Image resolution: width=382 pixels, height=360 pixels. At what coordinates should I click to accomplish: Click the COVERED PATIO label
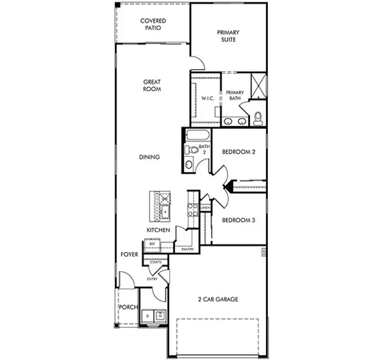pos(153,24)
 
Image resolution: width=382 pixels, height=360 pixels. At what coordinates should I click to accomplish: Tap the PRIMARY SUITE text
pos(228,36)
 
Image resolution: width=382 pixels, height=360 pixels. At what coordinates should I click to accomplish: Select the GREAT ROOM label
pos(152,85)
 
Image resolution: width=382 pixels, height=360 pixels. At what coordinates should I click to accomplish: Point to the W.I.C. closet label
pos(208,98)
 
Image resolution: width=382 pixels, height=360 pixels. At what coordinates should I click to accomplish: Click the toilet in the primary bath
pos(258,118)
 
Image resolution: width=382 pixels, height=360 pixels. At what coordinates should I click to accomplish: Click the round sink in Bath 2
pos(189,164)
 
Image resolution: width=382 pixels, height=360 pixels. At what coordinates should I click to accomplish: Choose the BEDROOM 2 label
pos(239,152)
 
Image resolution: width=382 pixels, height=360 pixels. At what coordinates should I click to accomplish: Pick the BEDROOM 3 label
pos(239,220)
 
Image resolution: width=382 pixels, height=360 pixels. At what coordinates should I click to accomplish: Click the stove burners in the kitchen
pos(193,209)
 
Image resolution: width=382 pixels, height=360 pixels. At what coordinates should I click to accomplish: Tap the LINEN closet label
pos(205,208)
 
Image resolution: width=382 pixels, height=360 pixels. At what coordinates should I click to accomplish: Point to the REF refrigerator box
pos(153,244)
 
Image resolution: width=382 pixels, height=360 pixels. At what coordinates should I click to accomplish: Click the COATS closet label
pos(155,262)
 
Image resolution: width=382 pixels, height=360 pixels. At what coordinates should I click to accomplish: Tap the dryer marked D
pos(147,314)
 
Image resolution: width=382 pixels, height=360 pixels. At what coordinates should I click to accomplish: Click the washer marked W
pos(160,314)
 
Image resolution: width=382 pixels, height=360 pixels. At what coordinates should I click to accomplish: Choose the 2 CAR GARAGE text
pos(219,299)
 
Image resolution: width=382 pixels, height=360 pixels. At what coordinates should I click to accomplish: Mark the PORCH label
pos(127,308)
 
